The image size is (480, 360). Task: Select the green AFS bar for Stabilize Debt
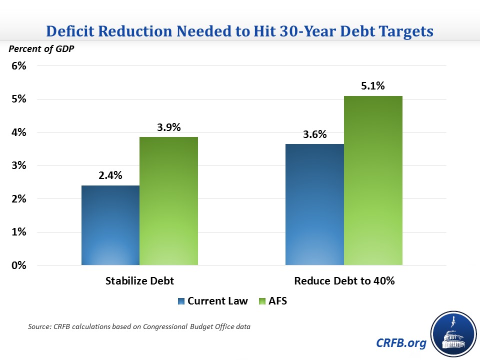[168, 201]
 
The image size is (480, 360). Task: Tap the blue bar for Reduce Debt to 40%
[314, 204]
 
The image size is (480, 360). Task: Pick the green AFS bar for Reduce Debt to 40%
[373, 180]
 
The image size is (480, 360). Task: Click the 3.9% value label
[168, 127]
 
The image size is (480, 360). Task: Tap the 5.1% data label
[372, 86]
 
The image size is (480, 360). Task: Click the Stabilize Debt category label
[139, 280]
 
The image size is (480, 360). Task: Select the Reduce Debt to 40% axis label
[344, 280]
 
